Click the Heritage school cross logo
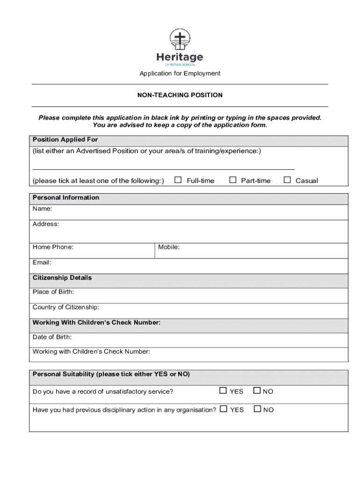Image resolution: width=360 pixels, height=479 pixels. point(180,39)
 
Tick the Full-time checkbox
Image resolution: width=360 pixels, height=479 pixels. point(178,180)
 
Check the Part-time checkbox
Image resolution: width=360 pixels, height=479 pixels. point(232,180)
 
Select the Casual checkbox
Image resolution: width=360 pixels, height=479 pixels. point(287,180)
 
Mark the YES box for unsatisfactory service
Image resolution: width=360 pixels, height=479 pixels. point(223,391)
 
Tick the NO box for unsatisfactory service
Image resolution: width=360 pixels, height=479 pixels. point(257,391)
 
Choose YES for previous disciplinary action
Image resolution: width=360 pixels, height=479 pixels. point(223,409)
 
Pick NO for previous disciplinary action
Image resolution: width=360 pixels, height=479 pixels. point(257,409)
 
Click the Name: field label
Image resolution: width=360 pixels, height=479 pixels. point(43,209)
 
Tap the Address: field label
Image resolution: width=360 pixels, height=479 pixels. point(46,224)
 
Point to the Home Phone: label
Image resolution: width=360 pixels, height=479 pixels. point(53,247)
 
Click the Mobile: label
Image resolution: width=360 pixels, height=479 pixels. point(169,247)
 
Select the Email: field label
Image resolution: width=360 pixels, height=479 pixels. point(42,262)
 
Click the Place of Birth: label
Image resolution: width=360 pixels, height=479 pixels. point(53,292)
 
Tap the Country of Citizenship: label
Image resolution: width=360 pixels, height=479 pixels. point(66,307)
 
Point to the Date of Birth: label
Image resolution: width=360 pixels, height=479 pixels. point(52,337)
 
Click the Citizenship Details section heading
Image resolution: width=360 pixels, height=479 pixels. point(62,278)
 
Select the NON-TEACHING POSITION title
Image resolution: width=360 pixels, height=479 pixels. point(180,95)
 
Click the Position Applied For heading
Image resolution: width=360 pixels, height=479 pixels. point(65,140)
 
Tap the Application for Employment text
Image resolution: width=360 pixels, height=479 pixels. point(180,73)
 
